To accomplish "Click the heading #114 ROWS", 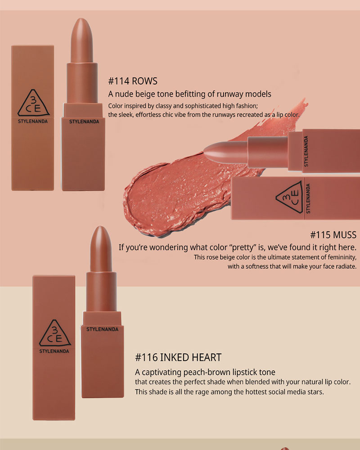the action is tap(133, 81).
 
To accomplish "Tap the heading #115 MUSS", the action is tap(333, 235).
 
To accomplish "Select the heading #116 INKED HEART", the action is tap(178, 357).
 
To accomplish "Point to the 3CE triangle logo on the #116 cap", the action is tap(55, 333).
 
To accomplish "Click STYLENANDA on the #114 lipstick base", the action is tap(84, 121).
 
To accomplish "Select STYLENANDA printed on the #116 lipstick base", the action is tap(102, 329).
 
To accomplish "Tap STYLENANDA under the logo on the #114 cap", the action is tap(33, 121).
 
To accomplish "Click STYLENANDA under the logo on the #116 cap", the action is tap(54, 351).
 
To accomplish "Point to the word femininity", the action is tap(342, 257).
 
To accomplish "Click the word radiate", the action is tap(346, 266).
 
